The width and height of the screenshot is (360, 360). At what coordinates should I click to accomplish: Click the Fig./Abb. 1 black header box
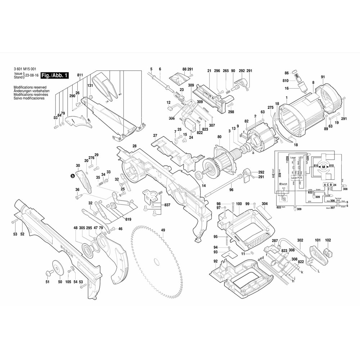(x=54, y=76)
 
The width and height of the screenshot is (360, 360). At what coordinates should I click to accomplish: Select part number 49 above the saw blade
(x=163, y=230)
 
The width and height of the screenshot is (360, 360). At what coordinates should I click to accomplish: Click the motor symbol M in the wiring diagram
(x=323, y=167)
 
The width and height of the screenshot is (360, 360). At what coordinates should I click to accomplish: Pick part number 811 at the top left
(x=80, y=75)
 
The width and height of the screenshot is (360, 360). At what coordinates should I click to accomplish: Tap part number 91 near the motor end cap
(x=323, y=77)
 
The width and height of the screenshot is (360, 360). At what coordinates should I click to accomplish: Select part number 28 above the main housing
(x=134, y=146)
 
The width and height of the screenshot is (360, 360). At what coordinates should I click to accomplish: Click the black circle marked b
(x=73, y=176)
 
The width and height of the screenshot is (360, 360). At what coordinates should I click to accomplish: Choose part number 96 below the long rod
(x=231, y=190)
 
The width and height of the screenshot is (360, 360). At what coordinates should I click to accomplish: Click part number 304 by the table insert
(x=265, y=204)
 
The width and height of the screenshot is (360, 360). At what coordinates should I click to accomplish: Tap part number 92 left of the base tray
(x=215, y=261)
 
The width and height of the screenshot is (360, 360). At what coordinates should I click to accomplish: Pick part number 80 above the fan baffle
(x=219, y=137)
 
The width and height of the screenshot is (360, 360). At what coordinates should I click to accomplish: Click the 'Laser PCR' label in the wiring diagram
(x=297, y=178)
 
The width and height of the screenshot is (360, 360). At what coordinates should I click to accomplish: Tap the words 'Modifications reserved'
(x=28, y=87)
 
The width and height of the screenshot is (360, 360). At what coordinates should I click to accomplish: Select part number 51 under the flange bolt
(x=47, y=282)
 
